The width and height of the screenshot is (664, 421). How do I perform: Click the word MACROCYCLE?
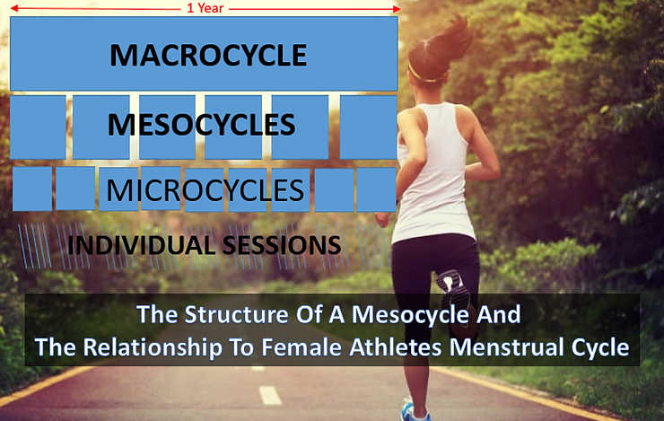[x=208, y=56]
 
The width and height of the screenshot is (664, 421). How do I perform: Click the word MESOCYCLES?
[x=201, y=124]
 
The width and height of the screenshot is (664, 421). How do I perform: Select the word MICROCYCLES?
[x=205, y=190]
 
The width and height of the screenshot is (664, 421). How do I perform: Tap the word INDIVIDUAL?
[x=134, y=244]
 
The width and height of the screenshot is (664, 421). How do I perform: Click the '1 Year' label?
[x=205, y=8]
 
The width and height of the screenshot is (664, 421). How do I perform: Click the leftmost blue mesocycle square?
[x=38, y=127]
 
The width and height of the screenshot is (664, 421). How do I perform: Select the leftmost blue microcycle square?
[x=31, y=189]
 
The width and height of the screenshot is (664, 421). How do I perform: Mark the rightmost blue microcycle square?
[x=375, y=189]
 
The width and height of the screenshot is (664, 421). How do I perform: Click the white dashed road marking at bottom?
[x=269, y=395]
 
